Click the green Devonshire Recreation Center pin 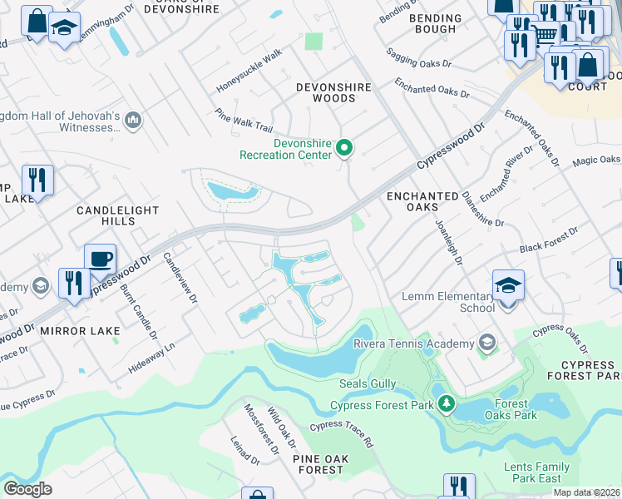344,149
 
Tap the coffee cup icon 100,259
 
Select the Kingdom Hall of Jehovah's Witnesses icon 133,122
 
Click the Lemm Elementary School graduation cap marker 508,285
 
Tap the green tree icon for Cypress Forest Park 447,405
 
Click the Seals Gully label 369,384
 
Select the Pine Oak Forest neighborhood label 318,464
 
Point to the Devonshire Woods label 327,92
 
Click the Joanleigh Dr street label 448,242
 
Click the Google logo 27,489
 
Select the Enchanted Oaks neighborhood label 422,202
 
